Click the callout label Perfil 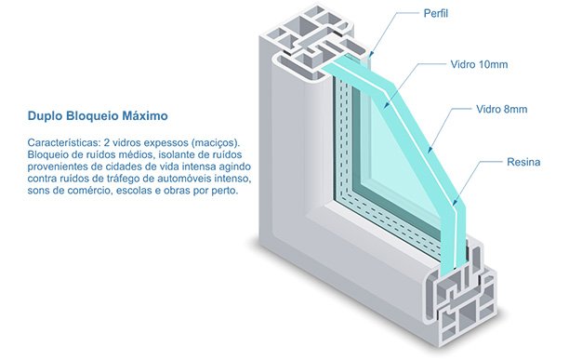pyautogui.click(x=436, y=13)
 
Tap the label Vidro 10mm pyautogui.click(x=479, y=64)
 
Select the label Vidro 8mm pyautogui.click(x=501, y=109)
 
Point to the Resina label pyautogui.click(x=523, y=162)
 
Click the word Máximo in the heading pyautogui.click(x=145, y=116)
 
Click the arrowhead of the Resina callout pyautogui.click(x=455, y=203)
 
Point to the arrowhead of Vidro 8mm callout pyautogui.click(x=430, y=151)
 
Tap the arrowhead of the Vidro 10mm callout pyautogui.click(x=387, y=106)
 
